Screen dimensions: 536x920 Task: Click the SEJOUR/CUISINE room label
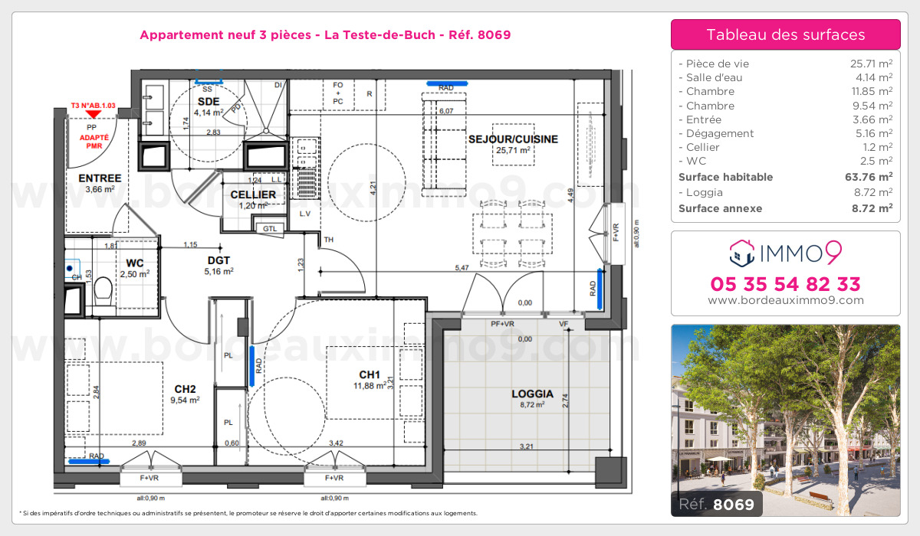click(513, 139)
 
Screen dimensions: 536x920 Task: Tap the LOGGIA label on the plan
click(532, 394)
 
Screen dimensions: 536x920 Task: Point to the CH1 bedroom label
click(370, 374)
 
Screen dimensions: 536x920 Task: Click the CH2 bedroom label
click(185, 387)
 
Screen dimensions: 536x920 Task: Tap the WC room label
click(135, 263)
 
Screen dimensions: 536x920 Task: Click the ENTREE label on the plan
click(99, 178)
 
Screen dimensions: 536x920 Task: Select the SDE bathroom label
click(208, 101)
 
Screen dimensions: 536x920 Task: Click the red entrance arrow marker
click(93, 115)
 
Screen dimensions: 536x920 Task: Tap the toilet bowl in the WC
click(102, 292)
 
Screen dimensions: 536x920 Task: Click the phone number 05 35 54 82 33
click(785, 284)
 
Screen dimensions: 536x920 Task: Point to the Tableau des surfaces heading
click(785, 34)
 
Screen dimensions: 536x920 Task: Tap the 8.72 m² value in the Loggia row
click(874, 192)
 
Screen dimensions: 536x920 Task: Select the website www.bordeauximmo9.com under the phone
click(785, 300)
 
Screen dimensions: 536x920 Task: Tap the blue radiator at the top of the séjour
click(447, 87)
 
